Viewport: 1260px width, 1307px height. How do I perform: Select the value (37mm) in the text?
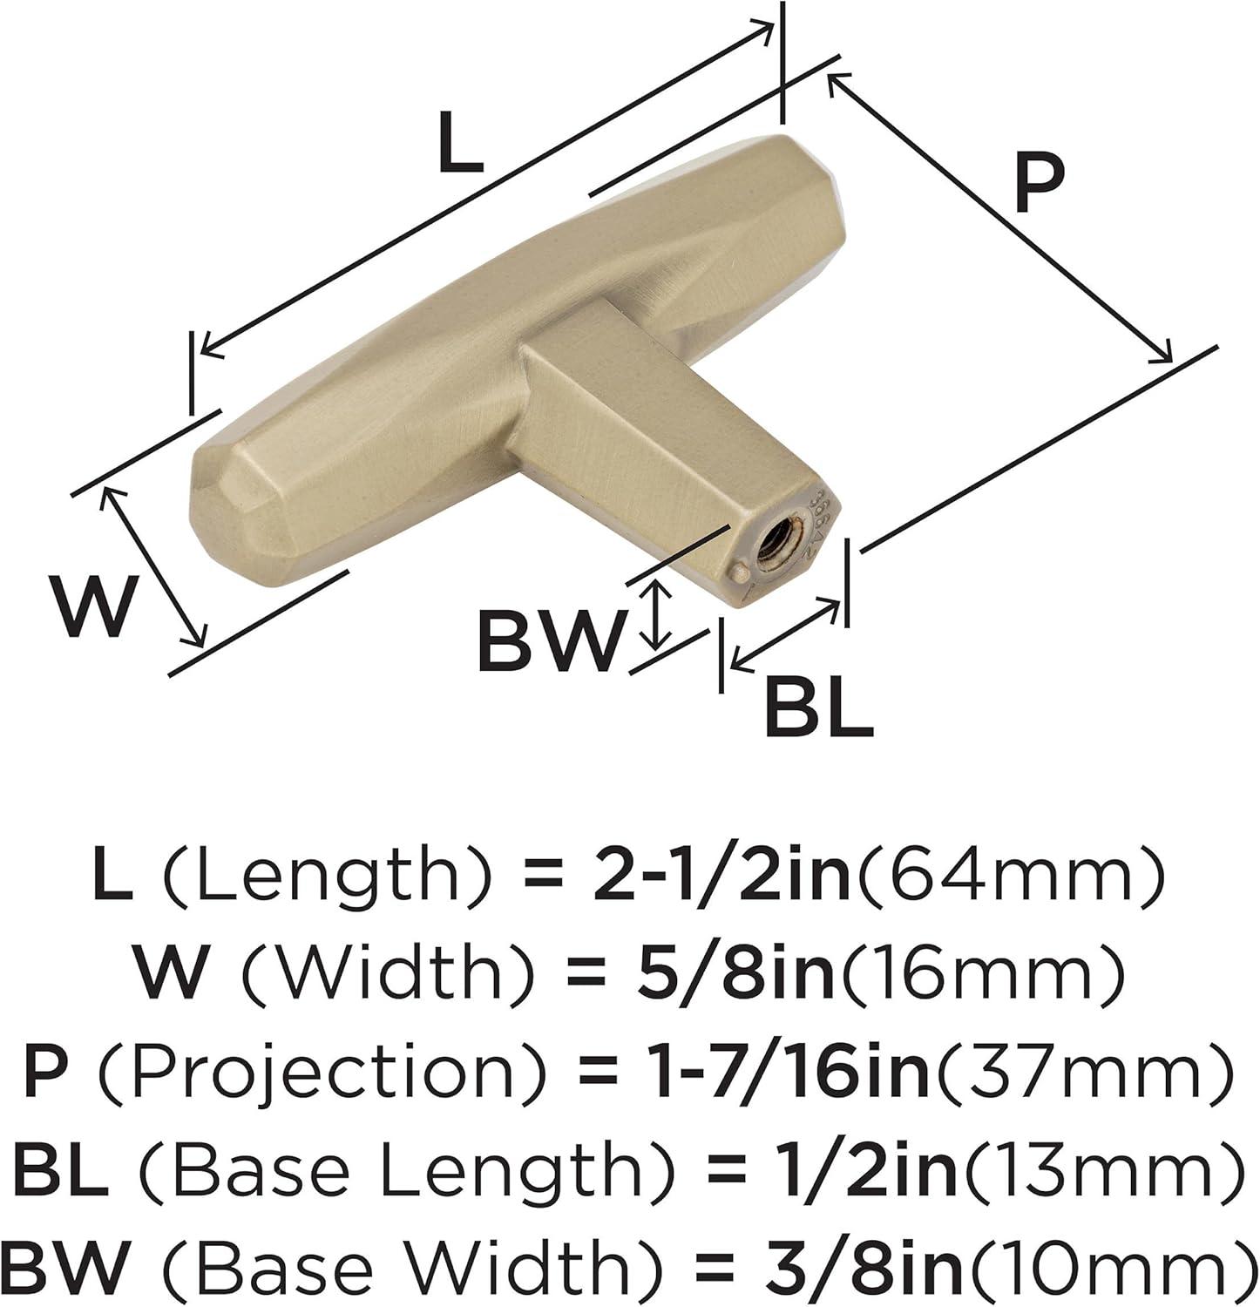click(x=1081, y=1069)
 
